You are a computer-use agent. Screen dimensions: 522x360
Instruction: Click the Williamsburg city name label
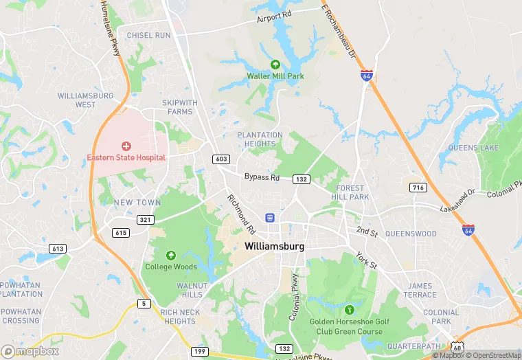pyautogui.click(x=275, y=245)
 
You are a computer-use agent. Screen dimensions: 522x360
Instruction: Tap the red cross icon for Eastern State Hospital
pyautogui.click(x=126, y=146)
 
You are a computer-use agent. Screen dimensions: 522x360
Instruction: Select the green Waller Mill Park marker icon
pyautogui.click(x=275, y=64)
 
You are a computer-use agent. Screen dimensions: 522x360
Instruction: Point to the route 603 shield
pyautogui.click(x=221, y=159)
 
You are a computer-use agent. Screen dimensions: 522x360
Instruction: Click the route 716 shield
pyautogui.click(x=418, y=188)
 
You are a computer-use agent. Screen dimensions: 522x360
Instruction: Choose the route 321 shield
pyautogui.click(x=145, y=219)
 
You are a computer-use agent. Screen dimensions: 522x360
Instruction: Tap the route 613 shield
pyautogui.click(x=57, y=248)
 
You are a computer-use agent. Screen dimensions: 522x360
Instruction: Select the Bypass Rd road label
pyautogui.click(x=262, y=177)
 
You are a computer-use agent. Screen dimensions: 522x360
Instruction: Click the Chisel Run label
pyautogui.click(x=148, y=35)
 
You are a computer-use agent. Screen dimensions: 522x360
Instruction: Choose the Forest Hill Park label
pyautogui.click(x=352, y=192)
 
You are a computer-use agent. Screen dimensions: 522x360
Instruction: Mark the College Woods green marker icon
pyautogui.click(x=171, y=255)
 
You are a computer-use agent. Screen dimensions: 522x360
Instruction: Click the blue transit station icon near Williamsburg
pyautogui.click(x=270, y=218)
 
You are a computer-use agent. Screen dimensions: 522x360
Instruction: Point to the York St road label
pyautogui.click(x=366, y=261)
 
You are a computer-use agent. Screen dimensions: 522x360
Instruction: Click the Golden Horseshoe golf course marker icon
pyautogui.click(x=350, y=310)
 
